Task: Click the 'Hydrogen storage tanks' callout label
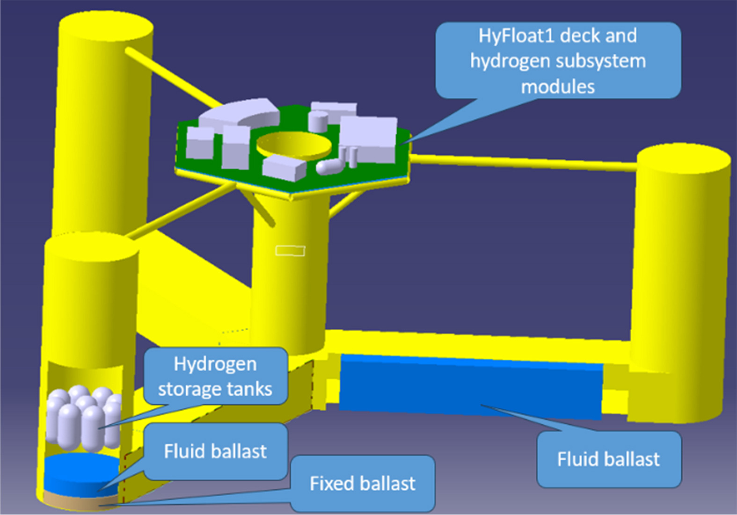[215, 376]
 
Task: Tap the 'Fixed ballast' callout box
[362, 483]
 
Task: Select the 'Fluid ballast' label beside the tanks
[215, 451]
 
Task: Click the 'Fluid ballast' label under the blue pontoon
[608, 459]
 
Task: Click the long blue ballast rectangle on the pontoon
[470, 386]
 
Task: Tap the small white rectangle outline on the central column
[290, 251]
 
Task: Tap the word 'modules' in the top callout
[558, 87]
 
